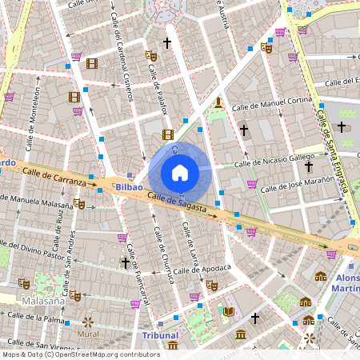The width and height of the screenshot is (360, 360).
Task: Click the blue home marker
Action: [x=180, y=172]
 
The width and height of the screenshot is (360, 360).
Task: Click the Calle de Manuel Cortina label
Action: [x=271, y=102]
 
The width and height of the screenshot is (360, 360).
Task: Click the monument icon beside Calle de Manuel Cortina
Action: [x=218, y=102]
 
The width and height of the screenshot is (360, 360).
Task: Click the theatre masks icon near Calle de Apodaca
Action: [x=211, y=285]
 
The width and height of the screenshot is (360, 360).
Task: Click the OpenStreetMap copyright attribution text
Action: [x=80, y=354]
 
